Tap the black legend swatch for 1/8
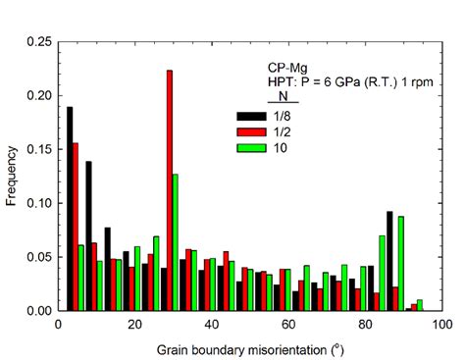point(252,117)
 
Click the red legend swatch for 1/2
point(252,132)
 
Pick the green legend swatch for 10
point(252,148)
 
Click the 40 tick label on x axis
point(211,325)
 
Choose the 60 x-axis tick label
point(287,325)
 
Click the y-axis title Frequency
point(11,177)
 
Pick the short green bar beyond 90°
point(420,305)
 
